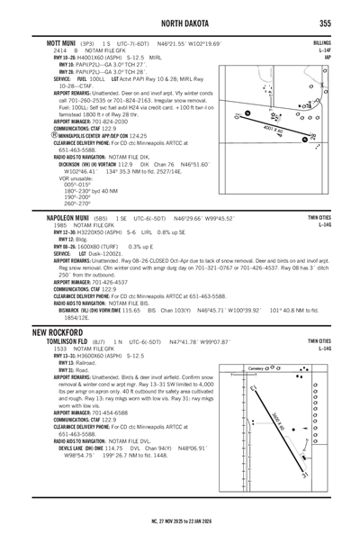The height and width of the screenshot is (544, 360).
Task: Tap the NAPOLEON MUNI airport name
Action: coord(72,218)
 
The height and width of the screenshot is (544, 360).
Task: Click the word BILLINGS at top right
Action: coord(321,42)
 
